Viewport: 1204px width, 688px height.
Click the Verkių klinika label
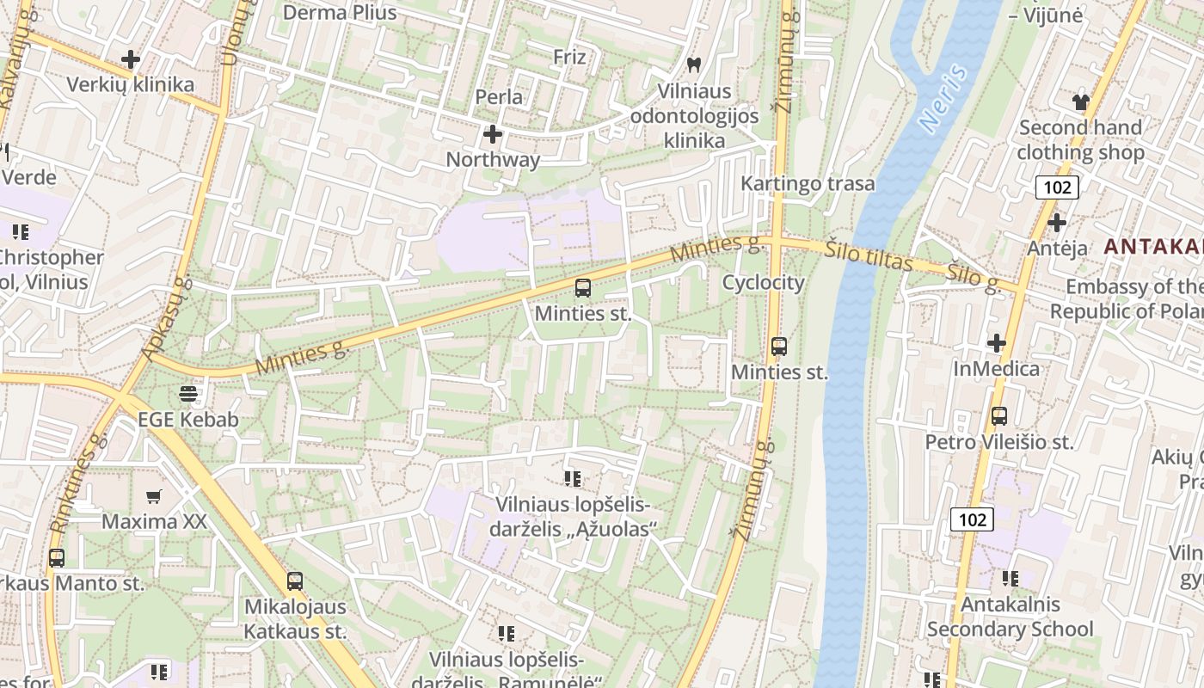pyautogui.click(x=131, y=84)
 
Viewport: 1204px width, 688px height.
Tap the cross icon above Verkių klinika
pyautogui.click(x=131, y=59)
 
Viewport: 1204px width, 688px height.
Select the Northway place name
pyautogui.click(x=493, y=159)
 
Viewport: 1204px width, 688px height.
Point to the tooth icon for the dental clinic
pyautogui.click(x=694, y=64)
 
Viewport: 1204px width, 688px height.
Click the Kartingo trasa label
pyautogui.click(x=808, y=183)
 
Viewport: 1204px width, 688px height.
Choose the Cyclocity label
pyautogui.click(x=763, y=282)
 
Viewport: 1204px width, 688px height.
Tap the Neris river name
pyautogui.click(x=943, y=99)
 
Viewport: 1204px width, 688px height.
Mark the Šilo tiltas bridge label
pyautogui.click(x=868, y=255)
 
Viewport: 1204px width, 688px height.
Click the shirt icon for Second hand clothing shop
pyautogui.click(x=1081, y=101)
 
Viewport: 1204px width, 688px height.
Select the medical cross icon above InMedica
pyautogui.click(x=997, y=343)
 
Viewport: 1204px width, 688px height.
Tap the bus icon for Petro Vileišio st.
pyautogui.click(x=999, y=416)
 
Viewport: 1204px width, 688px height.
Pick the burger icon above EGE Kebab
pyautogui.click(x=188, y=395)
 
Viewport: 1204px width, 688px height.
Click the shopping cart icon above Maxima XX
pyautogui.click(x=154, y=496)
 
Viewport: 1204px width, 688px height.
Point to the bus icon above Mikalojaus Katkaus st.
pyautogui.click(x=295, y=580)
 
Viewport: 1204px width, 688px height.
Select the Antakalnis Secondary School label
pyautogui.click(x=1010, y=617)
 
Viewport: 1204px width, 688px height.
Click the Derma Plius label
pyautogui.click(x=340, y=12)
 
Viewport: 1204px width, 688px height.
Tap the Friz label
pyautogui.click(x=569, y=57)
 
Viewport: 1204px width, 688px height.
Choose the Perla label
pyautogui.click(x=499, y=96)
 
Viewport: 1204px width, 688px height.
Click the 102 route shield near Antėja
pyautogui.click(x=1057, y=187)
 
